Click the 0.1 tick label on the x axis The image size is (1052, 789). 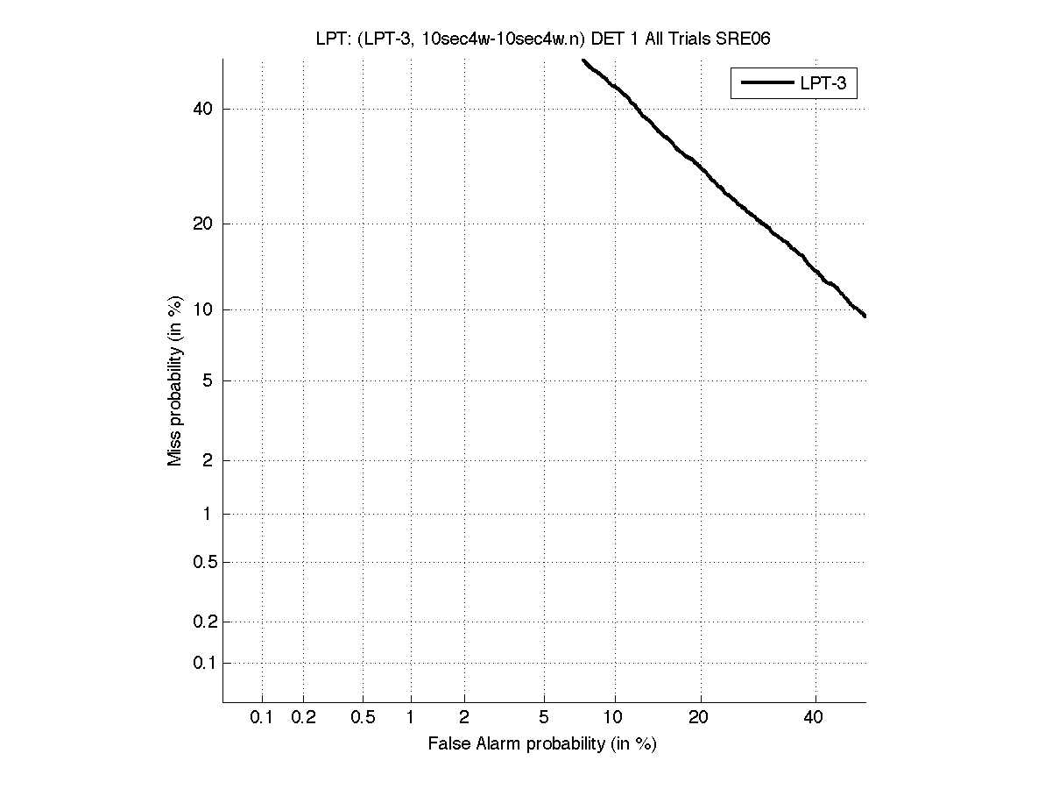[x=262, y=718]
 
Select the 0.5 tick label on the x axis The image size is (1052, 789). [x=363, y=718]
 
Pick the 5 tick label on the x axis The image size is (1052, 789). [x=544, y=718]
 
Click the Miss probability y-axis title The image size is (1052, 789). [x=175, y=380]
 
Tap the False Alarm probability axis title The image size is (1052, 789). [x=542, y=744]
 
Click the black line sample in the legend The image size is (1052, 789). [x=766, y=83]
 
